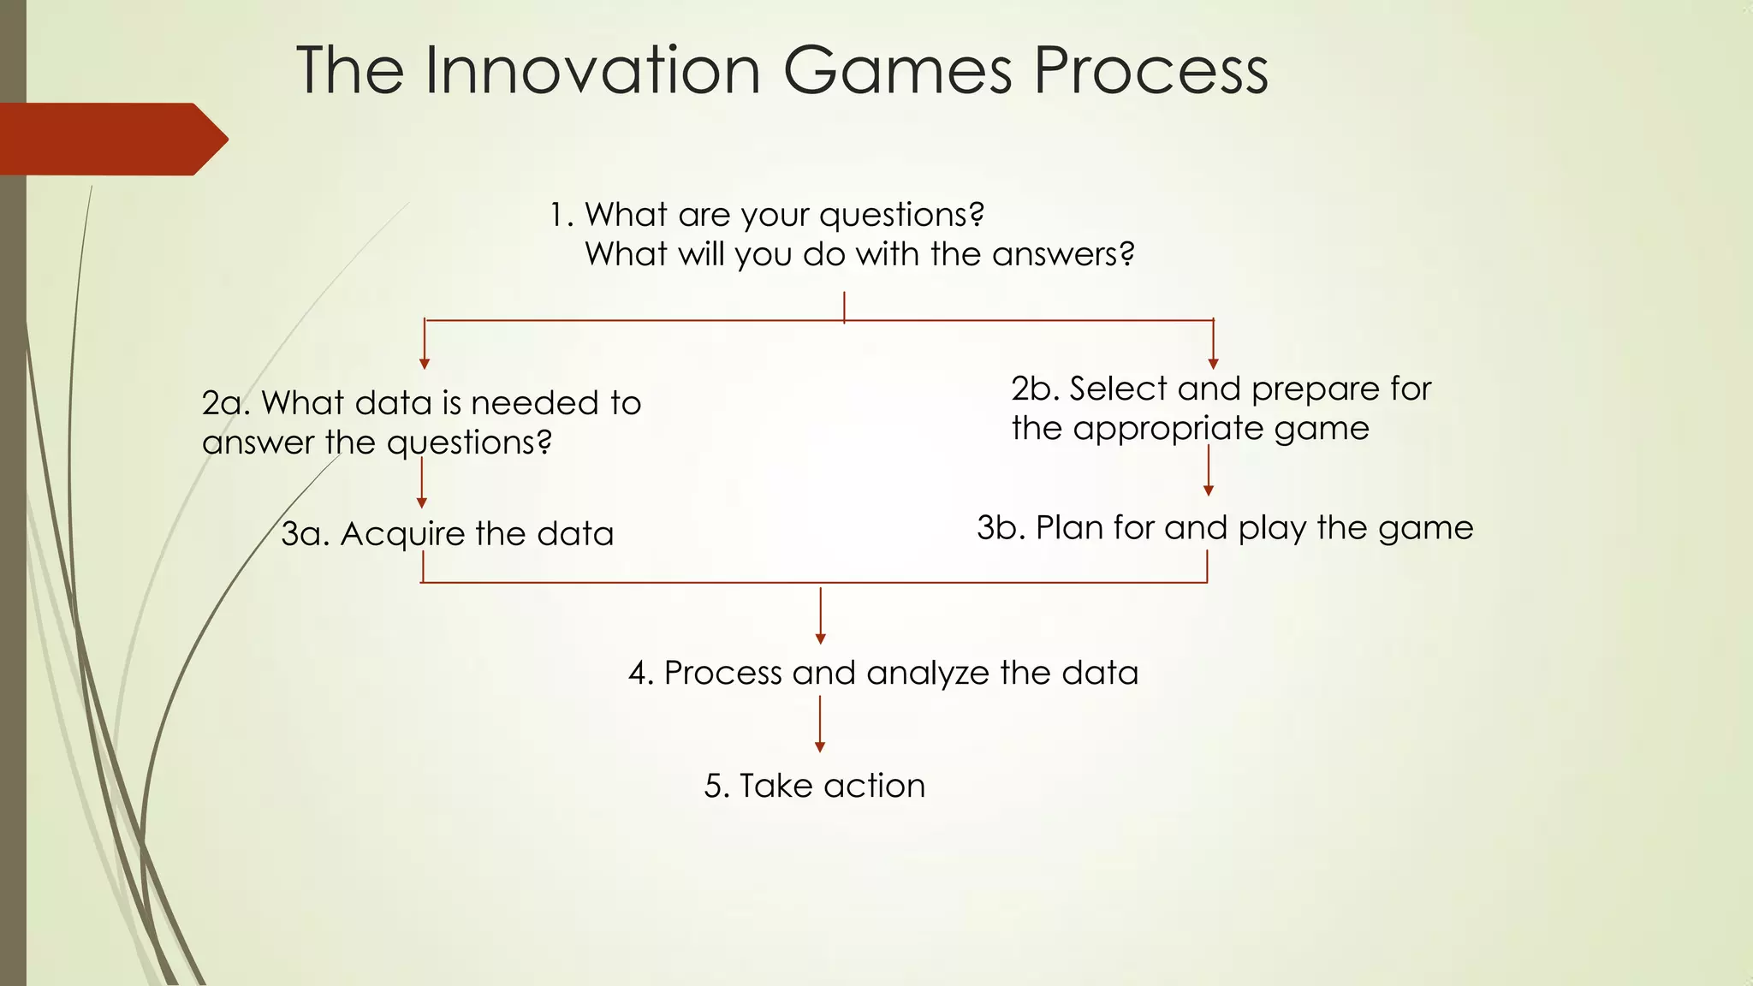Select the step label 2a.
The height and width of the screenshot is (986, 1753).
225,403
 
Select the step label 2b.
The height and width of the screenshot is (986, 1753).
1035,389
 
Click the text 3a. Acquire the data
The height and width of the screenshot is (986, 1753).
447,534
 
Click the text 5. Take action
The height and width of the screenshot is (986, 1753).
814,786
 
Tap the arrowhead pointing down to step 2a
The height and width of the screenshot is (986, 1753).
424,364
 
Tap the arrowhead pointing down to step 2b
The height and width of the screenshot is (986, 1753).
1213,364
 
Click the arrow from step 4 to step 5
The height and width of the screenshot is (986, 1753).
820,723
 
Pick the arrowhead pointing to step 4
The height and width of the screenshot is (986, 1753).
820,639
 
